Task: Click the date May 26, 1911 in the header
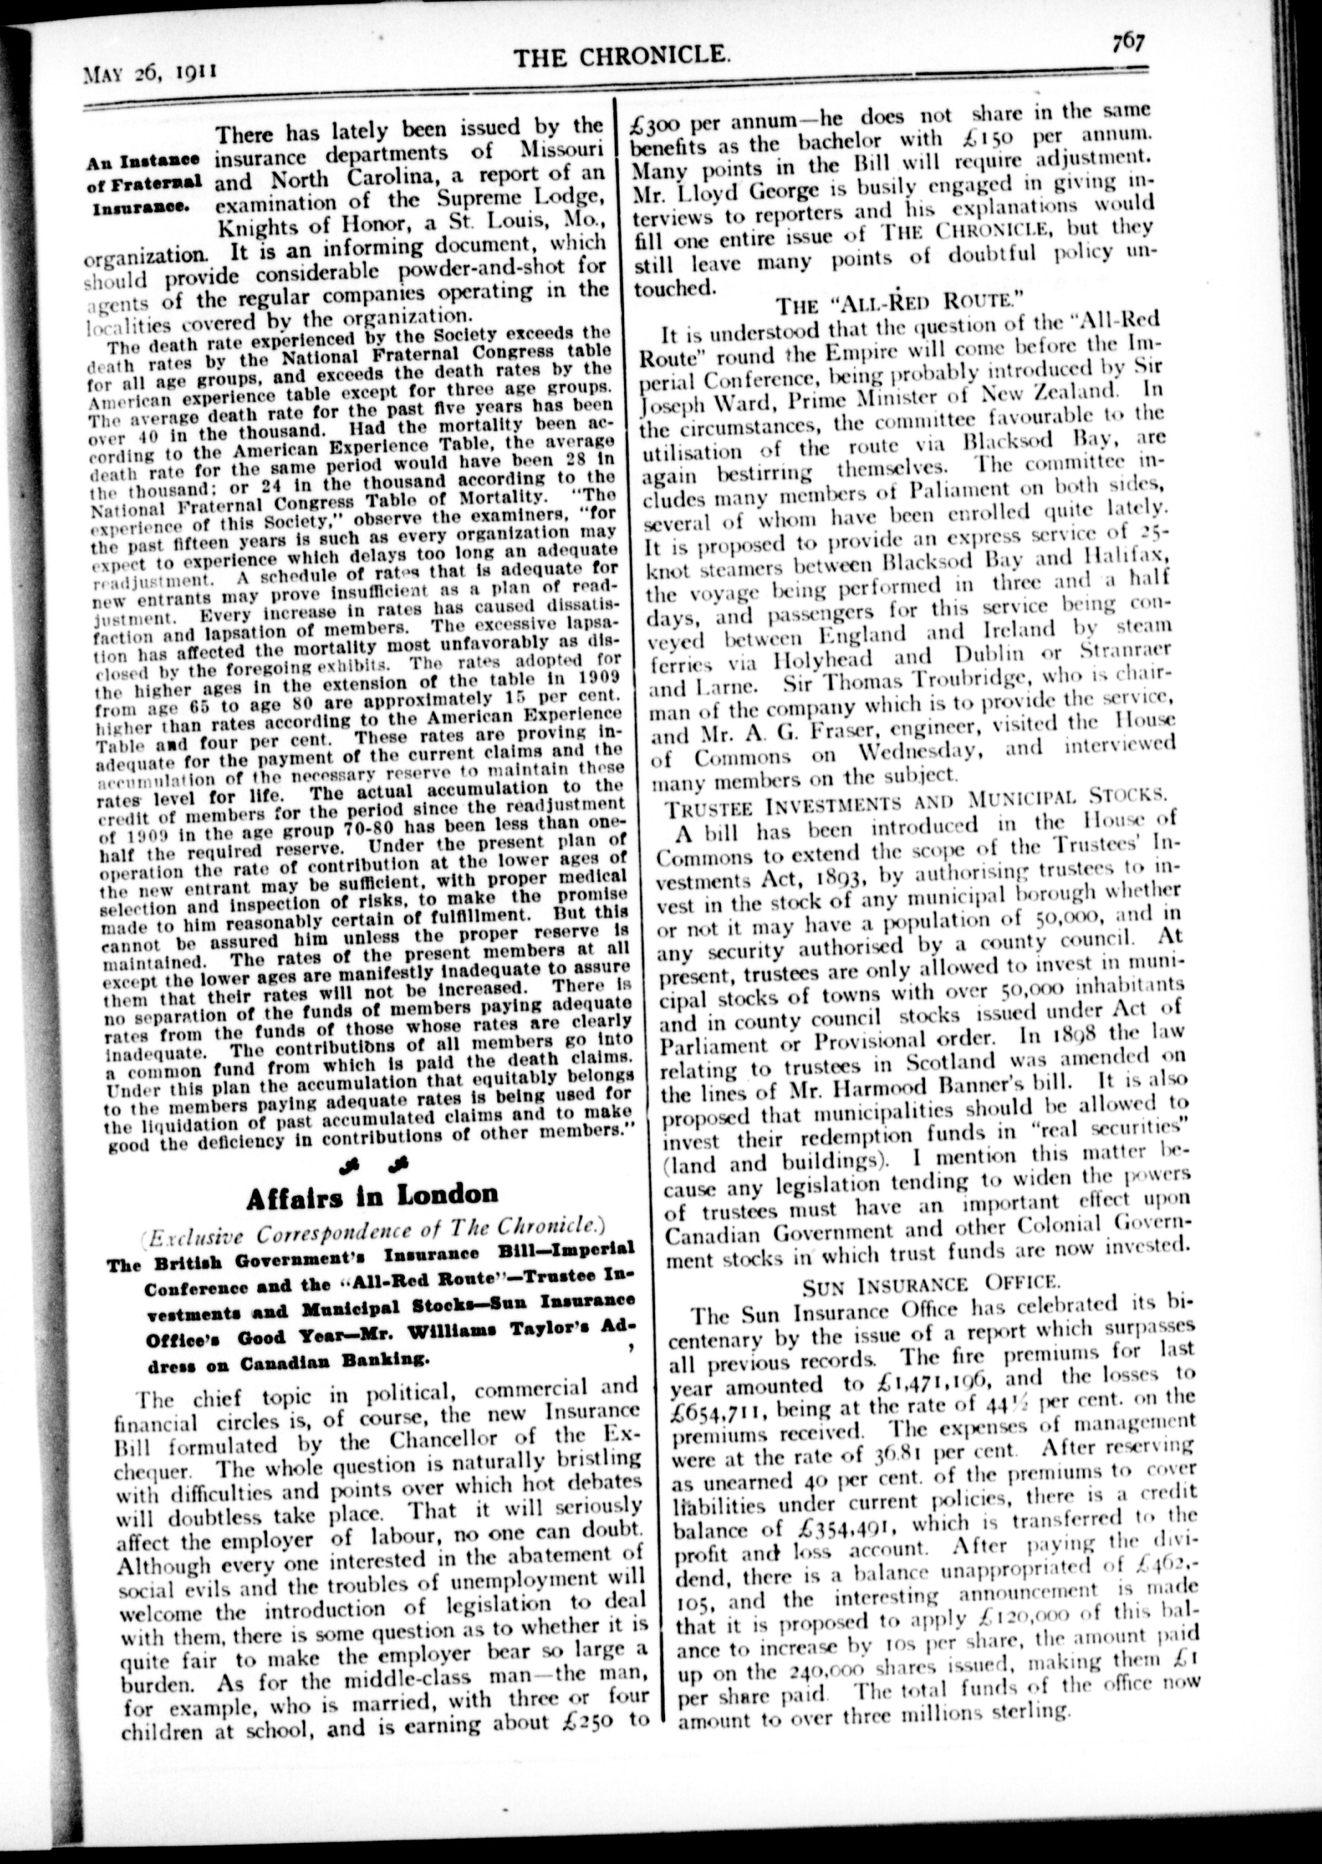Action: pyautogui.click(x=149, y=72)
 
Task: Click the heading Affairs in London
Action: pyautogui.click(x=371, y=1195)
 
